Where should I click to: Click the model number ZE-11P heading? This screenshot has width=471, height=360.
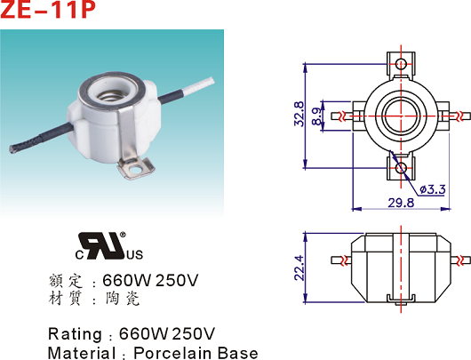tap(47, 9)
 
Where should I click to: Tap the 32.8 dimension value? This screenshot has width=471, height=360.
tap(299, 114)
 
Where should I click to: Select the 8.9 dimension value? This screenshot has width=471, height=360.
tap(317, 116)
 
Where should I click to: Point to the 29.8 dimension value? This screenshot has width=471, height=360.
tap(401, 203)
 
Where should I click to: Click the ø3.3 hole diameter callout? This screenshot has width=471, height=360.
tap(432, 189)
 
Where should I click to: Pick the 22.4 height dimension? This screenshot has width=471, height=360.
tap(299, 268)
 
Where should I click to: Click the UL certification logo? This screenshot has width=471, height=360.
tap(109, 246)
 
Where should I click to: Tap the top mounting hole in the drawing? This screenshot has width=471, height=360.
tap(401, 64)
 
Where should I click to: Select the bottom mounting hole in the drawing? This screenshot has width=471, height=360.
tap(401, 168)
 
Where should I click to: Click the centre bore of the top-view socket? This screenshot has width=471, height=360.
tap(401, 116)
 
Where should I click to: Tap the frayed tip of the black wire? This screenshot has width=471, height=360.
tap(12, 149)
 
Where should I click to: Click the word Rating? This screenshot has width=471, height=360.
tap(76, 334)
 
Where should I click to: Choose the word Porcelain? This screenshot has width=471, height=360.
tap(172, 353)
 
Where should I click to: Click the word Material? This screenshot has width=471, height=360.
tap(82, 353)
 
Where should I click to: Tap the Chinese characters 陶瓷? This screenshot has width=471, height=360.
tap(123, 299)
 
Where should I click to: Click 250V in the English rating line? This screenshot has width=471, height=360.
tap(194, 333)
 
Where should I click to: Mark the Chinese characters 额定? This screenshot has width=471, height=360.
tap(66, 281)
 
